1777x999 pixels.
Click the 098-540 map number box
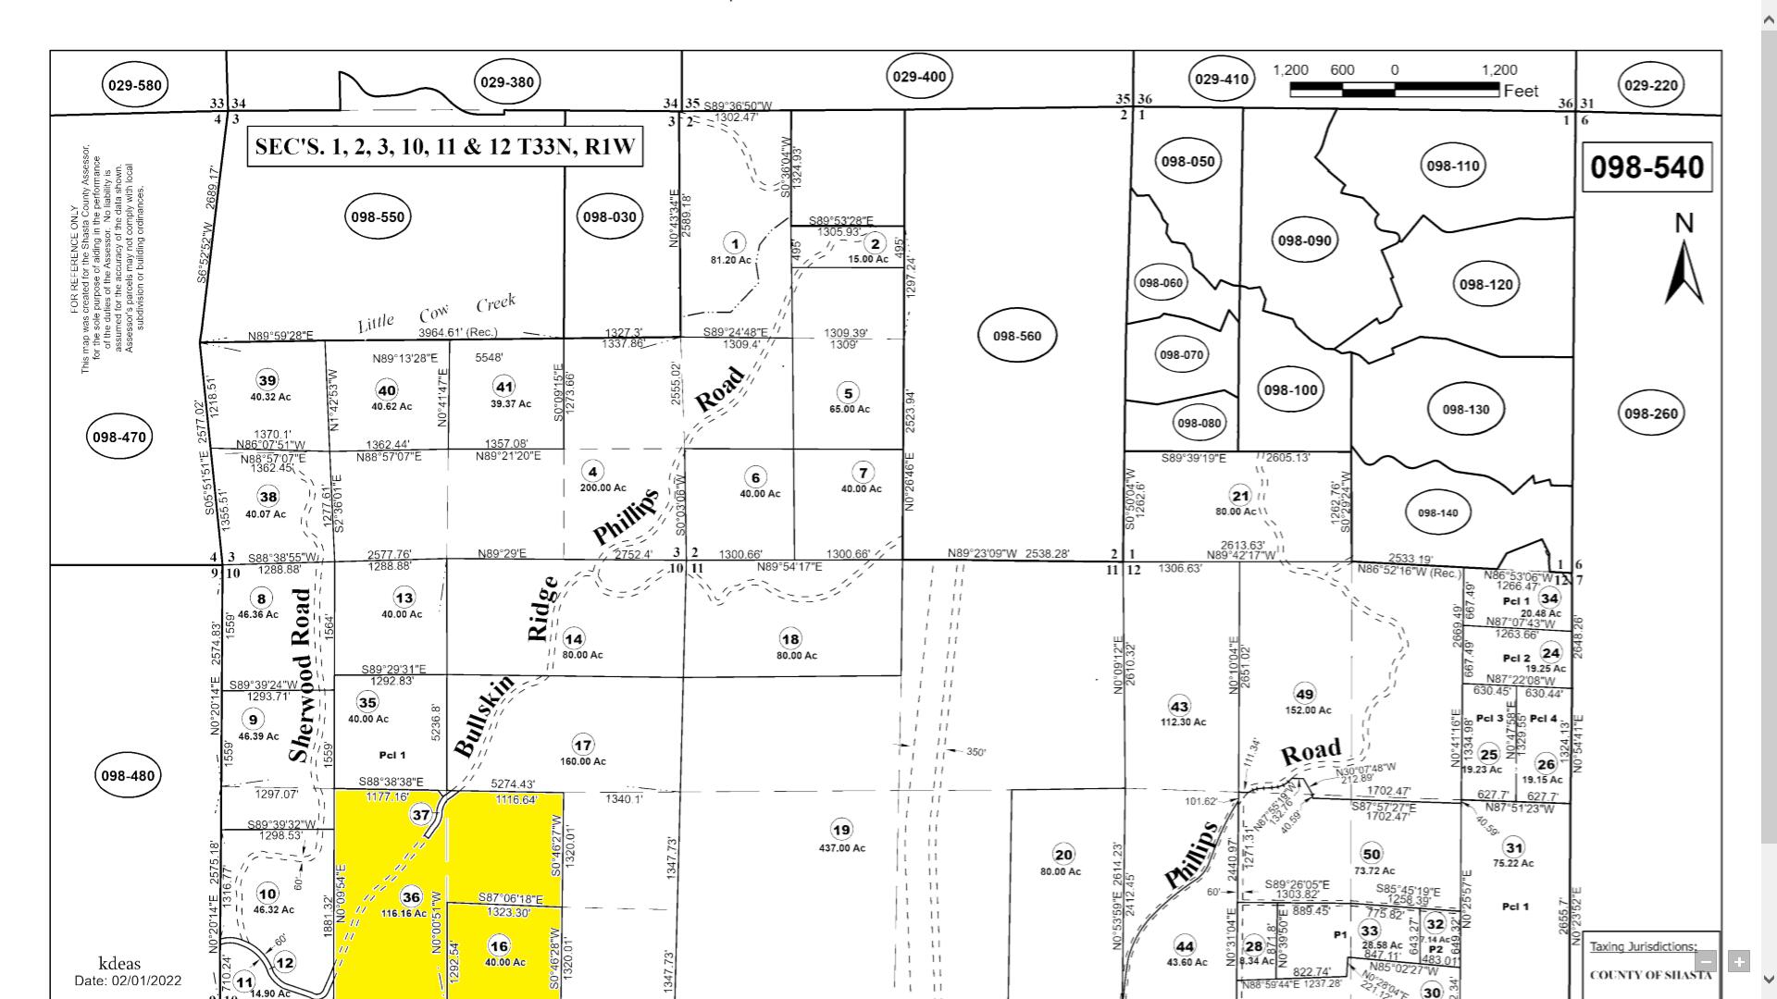click(x=1647, y=166)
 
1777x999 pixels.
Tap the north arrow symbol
click(x=1684, y=268)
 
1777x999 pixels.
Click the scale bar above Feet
click(x=1394, y=90)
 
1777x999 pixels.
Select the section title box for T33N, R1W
click(x=444, y=148)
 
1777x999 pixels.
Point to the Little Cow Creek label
click(x=436, y=314)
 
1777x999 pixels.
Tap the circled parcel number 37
click(x=421, y=815)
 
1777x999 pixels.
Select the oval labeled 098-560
click(x=1017, y=336)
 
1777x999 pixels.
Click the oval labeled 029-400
click(x=918, y=77)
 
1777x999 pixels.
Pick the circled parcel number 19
click(x=840, y=830)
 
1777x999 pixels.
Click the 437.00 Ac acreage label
click(x=841, y=848)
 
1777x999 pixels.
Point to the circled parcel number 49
click(x=1304, y=694)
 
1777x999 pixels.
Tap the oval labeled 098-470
click(x=119, y=437)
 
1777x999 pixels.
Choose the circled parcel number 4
click(x=593, y=471)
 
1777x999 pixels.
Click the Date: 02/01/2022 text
click(x=128, y=980)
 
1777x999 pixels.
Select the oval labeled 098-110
click(x=1452, y=166)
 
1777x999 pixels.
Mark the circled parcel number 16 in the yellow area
click(x=499, y=945)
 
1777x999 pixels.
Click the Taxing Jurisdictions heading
click(x=1643, y=946)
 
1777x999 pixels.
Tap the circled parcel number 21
click(x=1239, y=495)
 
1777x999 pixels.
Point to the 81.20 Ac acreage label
click(x=730, y=260)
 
